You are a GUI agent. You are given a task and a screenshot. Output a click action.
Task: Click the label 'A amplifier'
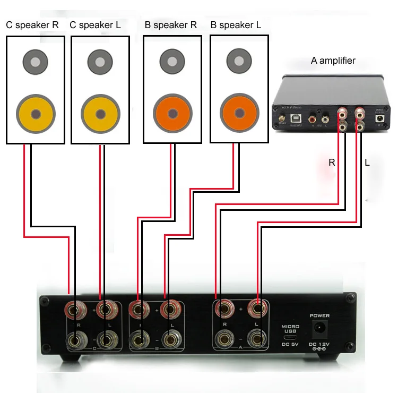click(x=333, y=61)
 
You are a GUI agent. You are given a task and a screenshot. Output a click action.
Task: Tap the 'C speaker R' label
click(x=35, y=25)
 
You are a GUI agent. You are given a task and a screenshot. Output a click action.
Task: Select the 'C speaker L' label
click(x=100, y=25)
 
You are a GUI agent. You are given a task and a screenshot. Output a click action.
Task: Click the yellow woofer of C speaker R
click(x=36, y=114)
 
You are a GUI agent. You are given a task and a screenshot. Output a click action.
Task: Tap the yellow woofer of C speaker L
click(x=100, y=114)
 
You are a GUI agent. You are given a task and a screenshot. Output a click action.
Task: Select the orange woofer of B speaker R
click(x=172, y=114)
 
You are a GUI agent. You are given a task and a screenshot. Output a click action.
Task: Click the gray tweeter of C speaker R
click(x=35, y=62)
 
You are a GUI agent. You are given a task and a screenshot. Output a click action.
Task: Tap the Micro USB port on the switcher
click(x=290, y=337)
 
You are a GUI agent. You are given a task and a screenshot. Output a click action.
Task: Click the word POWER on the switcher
click(x=319, y=315)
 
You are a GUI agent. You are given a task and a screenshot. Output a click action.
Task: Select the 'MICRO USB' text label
click(x=290, y=328)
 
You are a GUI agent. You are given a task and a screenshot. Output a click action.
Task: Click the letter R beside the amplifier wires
click(x=332, y=163)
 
